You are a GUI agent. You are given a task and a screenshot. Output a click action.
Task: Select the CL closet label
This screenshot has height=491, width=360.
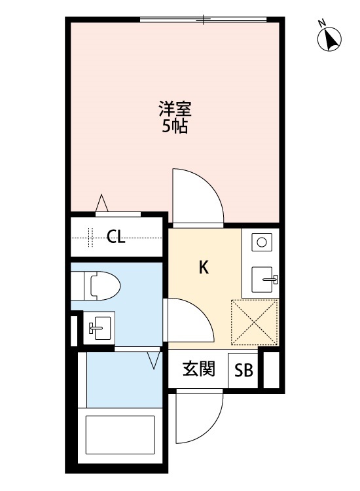(116, 237)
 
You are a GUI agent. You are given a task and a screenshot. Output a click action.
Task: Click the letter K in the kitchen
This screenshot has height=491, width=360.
(204, 267)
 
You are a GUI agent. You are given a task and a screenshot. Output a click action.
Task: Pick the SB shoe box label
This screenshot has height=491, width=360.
(243, 371)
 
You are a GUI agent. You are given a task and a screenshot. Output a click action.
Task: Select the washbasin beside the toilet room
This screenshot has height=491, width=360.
(98, 327)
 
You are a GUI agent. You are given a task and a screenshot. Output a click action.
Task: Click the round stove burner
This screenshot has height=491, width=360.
(261, 242)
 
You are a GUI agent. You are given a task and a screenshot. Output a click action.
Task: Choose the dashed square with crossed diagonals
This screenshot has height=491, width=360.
(254, 321)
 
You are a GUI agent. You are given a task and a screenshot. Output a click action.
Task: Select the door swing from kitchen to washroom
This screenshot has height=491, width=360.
(190, 321)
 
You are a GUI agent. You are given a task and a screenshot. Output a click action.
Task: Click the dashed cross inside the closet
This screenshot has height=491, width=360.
(90, 237)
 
